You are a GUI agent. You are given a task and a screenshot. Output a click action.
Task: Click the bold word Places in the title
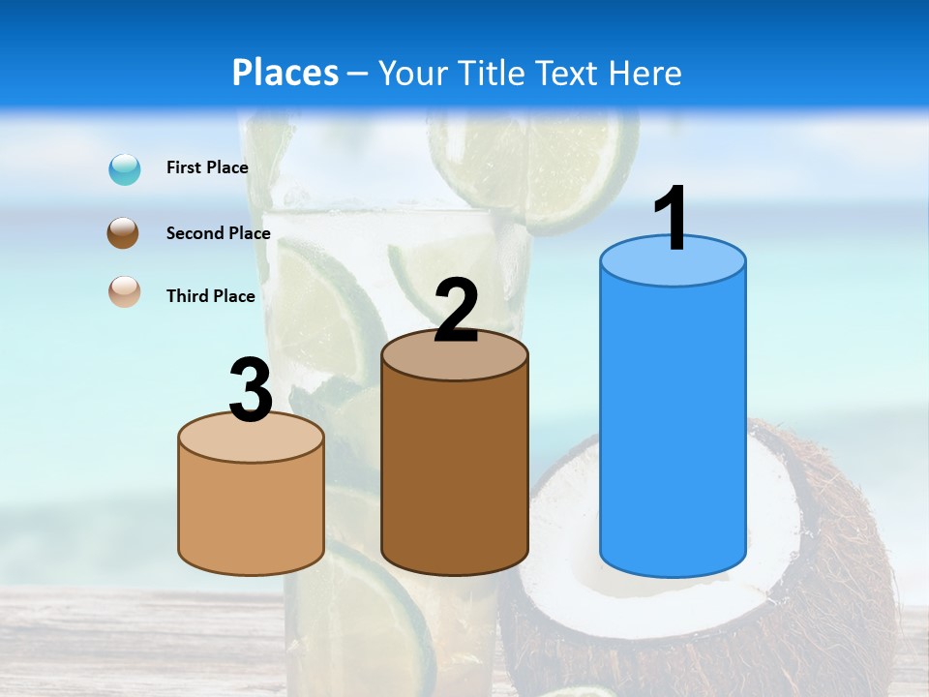point(285,73)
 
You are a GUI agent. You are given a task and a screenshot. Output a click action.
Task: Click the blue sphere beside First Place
point(125,169)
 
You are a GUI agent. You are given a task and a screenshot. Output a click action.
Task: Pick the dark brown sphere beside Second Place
point(124,233)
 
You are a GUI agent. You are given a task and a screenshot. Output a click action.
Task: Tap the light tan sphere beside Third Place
point(124,291)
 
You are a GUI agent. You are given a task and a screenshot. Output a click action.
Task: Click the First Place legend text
point(207,167)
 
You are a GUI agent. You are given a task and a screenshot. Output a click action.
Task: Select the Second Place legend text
point(218,233)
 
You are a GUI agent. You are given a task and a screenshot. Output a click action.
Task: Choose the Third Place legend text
point(210,296)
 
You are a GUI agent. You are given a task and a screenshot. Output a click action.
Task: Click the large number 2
point(456,310)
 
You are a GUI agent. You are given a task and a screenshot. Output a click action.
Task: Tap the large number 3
point(252,391)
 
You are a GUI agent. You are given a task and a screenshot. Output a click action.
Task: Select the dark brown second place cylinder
point(455,474)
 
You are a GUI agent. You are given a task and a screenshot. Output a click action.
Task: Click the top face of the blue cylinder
point(673,262)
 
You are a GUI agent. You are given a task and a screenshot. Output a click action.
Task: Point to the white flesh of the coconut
point(561,513)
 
